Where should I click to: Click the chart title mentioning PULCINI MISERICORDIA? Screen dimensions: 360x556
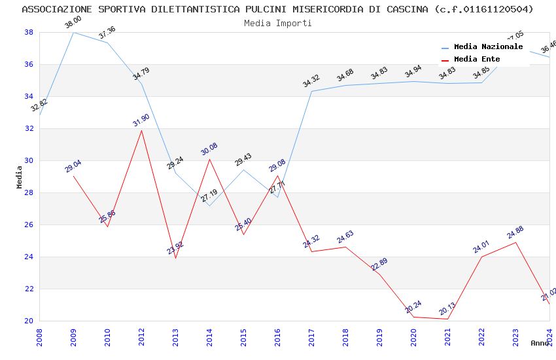[277, 9]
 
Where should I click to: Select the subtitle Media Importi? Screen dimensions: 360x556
[277, 23]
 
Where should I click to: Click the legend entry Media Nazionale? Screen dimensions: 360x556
[488, 47]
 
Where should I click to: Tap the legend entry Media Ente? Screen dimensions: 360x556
[477, 60]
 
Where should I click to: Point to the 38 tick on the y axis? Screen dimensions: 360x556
[29, 32]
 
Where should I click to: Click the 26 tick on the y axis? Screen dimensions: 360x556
[29, 225]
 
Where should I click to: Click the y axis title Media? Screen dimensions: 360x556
[20, 177]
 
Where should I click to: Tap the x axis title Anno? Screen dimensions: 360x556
[540, 343]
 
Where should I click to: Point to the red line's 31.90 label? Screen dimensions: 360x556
[141, 120]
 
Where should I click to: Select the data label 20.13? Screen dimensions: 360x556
[447, 309]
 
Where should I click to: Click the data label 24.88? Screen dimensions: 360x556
[515, 232]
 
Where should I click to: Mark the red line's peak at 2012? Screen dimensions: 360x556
[141, 130]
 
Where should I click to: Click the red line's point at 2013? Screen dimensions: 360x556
[175, 258]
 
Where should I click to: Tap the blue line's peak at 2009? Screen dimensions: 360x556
[73, 32]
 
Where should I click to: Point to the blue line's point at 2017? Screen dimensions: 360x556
[311, 91]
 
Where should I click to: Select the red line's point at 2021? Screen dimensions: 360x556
[447, 319]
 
